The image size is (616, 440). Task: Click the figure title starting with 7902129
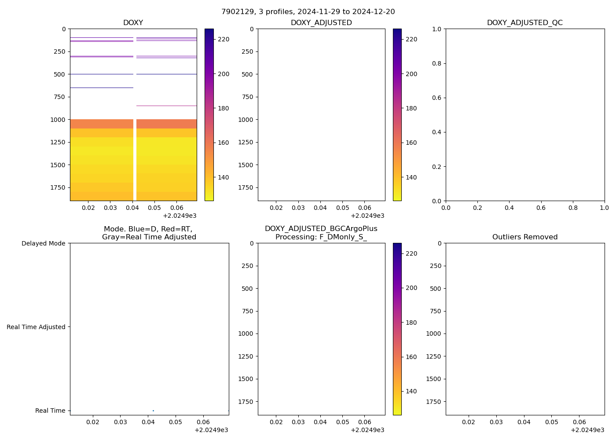tap(308, 12)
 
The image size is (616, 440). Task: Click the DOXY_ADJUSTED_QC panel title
tap(524, 23)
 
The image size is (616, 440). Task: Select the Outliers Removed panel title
tap(524, 237)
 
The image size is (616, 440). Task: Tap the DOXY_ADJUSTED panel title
tap(321, 23)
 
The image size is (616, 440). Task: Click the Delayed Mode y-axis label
tap(43, 243)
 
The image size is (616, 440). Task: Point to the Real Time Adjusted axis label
tap(36, 327)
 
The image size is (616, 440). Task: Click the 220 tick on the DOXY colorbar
tap(224, 39)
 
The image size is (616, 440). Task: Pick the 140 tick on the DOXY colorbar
tap(224, 177)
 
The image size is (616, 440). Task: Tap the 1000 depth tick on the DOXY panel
tap(58, 120)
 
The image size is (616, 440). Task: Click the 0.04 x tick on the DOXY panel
tap(132, 208)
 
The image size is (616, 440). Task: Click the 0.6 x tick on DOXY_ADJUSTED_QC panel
tap(541, 208)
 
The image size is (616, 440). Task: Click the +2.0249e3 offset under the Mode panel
tap(211, 430)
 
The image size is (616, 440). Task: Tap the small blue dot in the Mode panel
tap(153, 411)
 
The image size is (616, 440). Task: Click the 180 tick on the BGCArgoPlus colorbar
tap(411, 323)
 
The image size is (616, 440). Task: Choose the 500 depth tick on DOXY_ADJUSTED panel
tap(247, 74)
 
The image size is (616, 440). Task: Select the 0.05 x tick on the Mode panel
tap(176, 422)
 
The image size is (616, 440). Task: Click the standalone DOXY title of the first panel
tap(133, 23)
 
